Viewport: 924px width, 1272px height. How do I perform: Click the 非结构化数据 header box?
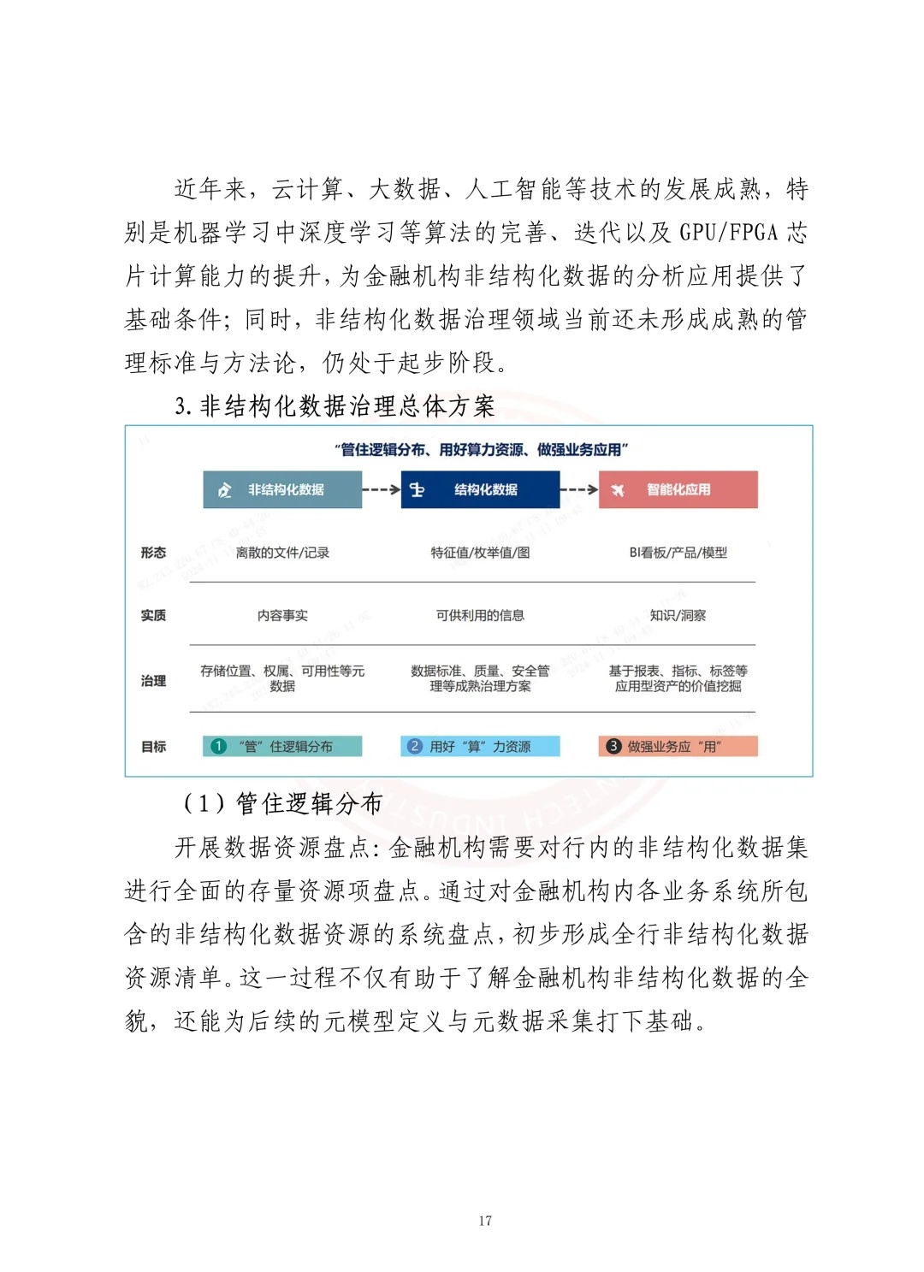click(282, 490)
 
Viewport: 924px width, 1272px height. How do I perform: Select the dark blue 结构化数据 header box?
click(480, 490)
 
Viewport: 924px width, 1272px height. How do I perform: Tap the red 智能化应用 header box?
click(678, 490)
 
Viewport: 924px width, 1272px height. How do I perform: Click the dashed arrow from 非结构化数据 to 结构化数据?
click(382, 490)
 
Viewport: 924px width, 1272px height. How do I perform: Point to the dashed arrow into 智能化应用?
click(579, 490)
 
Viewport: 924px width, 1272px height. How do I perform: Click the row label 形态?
click(153, 553)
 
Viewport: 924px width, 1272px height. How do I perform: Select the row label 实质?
click(153, 615)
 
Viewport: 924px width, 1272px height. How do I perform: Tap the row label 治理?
click(153, 680)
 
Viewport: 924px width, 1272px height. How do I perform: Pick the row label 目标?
click(153, 747)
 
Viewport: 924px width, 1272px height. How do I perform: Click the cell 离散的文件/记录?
click(282, 553)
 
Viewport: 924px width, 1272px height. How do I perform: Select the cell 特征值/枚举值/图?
click(480, 553)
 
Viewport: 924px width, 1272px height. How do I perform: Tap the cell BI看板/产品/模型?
click(678, 553)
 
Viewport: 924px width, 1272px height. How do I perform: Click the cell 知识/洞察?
click(678, 615)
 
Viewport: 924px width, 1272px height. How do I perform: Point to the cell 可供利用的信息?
click(480, 615)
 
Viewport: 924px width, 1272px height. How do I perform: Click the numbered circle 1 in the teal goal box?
click(218, 746)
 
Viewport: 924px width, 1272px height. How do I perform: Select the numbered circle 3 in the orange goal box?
click(613, 746)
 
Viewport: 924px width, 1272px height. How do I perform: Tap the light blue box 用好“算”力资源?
click(480, 746)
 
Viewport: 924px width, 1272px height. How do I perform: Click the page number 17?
click(485, 1221)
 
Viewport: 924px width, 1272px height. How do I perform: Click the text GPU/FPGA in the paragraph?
click(729, 233)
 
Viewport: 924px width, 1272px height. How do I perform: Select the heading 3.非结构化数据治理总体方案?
click(335, 406)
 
